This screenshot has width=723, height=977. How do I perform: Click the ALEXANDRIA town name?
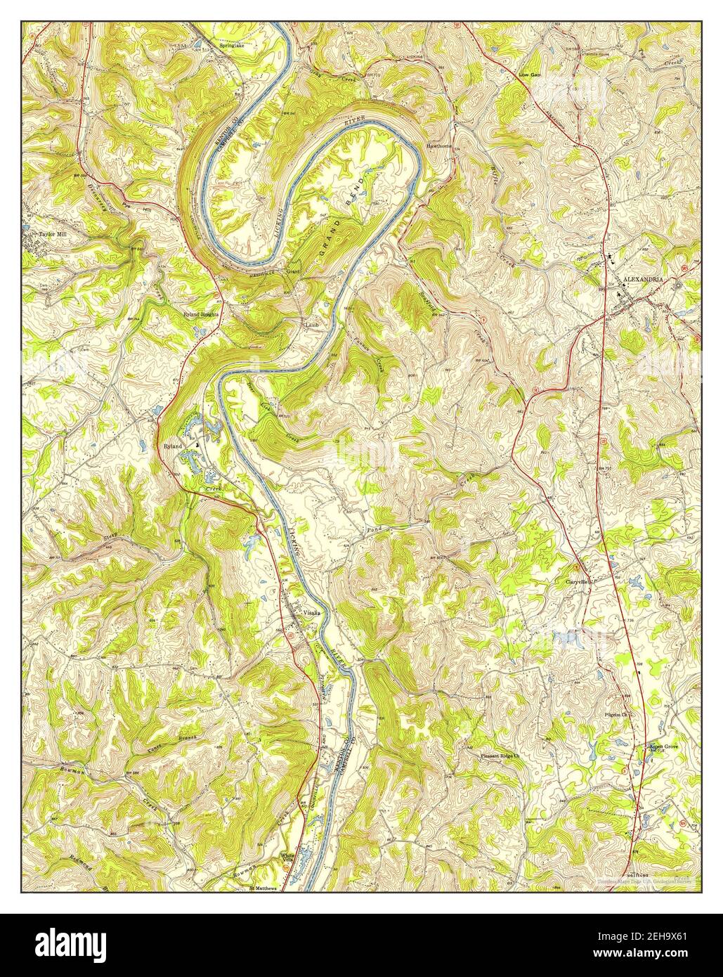coord(642,279)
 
